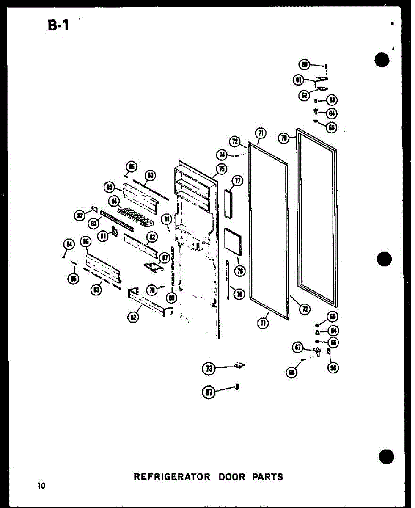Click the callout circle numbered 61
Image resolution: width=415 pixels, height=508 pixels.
pos(299,79)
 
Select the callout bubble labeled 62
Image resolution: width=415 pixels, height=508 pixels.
pos(304,95)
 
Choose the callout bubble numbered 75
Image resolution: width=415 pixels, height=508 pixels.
pos(220,169)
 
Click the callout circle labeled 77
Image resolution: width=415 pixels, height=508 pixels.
pos(238,181)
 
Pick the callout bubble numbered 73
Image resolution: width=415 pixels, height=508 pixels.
pos(208,369)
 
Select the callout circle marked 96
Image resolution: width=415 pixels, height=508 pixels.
pos(333,367)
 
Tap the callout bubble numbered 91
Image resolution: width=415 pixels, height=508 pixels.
pos(166,219)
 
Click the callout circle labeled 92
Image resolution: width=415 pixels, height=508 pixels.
pos(79,215)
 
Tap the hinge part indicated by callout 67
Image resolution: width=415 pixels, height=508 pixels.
pos(316,351)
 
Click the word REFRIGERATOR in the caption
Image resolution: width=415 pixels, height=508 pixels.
pos(172,477)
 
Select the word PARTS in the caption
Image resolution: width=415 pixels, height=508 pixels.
pos(268,477)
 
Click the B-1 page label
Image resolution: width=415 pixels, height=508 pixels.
pos(58,26)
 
